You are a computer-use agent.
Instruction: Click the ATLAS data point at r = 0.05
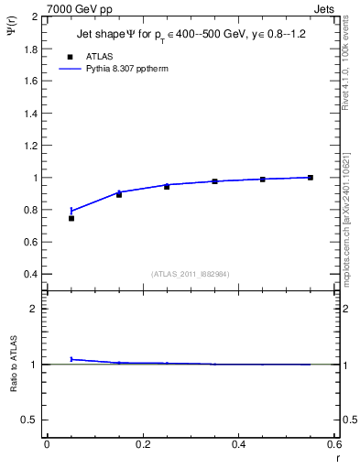71,218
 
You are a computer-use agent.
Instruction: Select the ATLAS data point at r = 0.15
119,194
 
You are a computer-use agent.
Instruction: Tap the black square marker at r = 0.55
311,178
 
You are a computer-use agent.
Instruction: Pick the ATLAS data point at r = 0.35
214,181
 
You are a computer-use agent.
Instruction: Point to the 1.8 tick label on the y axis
31,49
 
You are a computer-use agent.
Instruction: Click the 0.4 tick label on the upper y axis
31,274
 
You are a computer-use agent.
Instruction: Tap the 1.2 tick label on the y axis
31,145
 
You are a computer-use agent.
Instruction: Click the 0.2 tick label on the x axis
143,444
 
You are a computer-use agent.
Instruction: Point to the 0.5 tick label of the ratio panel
31,420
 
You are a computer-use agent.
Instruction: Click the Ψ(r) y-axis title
11,31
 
